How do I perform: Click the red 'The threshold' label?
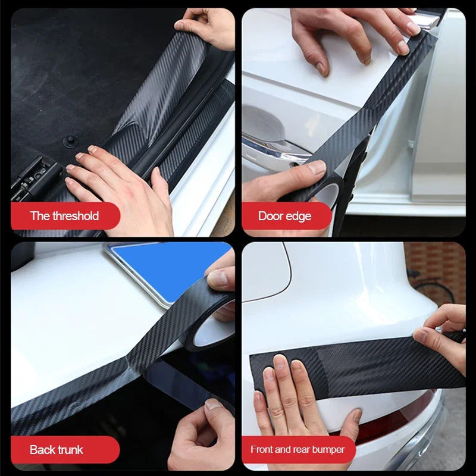pyautogui.click(x=64, y=216)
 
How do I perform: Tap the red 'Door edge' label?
pyautogui.click(x=284, y=216)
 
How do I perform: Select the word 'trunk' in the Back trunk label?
pyautogui.click(x=70, y=450)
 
